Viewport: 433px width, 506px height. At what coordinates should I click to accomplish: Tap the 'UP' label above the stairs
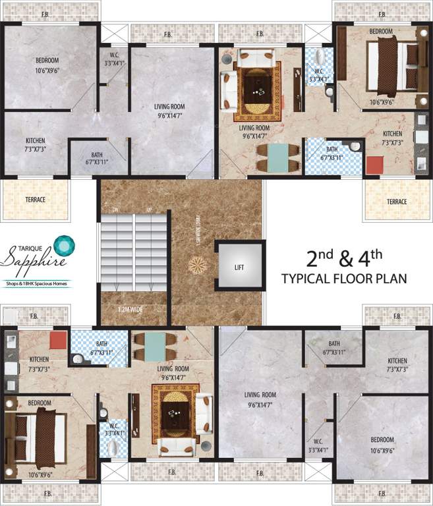pyautogui.click(x=149, y=210)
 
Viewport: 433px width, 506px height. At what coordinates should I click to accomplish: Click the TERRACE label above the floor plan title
pyautogui.click(x=397, y=202)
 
